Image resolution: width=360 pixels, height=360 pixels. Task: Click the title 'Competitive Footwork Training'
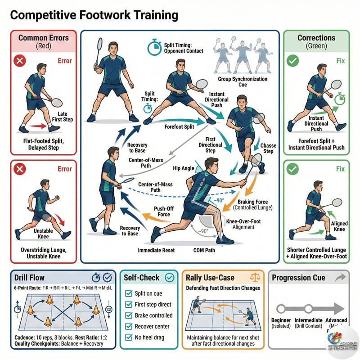click(x=94, y=15)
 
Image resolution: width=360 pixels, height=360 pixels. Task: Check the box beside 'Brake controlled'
click(x=128, y=315)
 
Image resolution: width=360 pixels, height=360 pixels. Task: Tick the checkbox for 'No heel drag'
click(x=128, y=337)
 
